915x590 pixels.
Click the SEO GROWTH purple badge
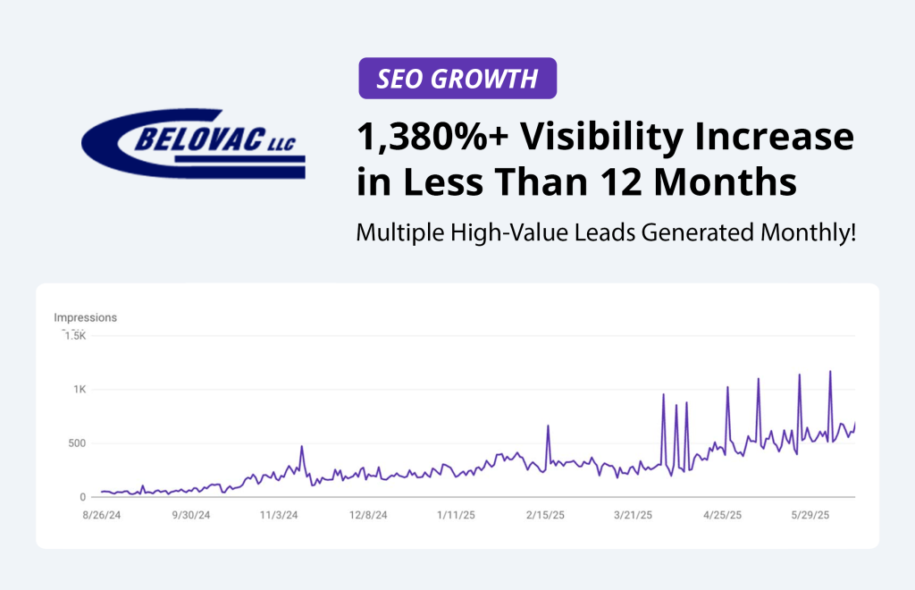point(457,78)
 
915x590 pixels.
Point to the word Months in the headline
point(718,183)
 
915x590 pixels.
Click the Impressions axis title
point(85,317)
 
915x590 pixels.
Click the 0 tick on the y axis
point(81,497)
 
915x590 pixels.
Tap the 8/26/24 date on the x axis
point(102,515)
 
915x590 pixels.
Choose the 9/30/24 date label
point(190,515)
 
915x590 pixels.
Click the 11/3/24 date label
point(279,515)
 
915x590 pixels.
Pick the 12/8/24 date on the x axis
point(367,515)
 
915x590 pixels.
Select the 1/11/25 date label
point(456,515)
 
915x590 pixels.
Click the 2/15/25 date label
point(545,515)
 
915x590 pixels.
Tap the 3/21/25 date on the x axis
point(634,515)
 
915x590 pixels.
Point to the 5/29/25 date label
point(811,515)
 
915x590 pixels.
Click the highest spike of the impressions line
point(830,372)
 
